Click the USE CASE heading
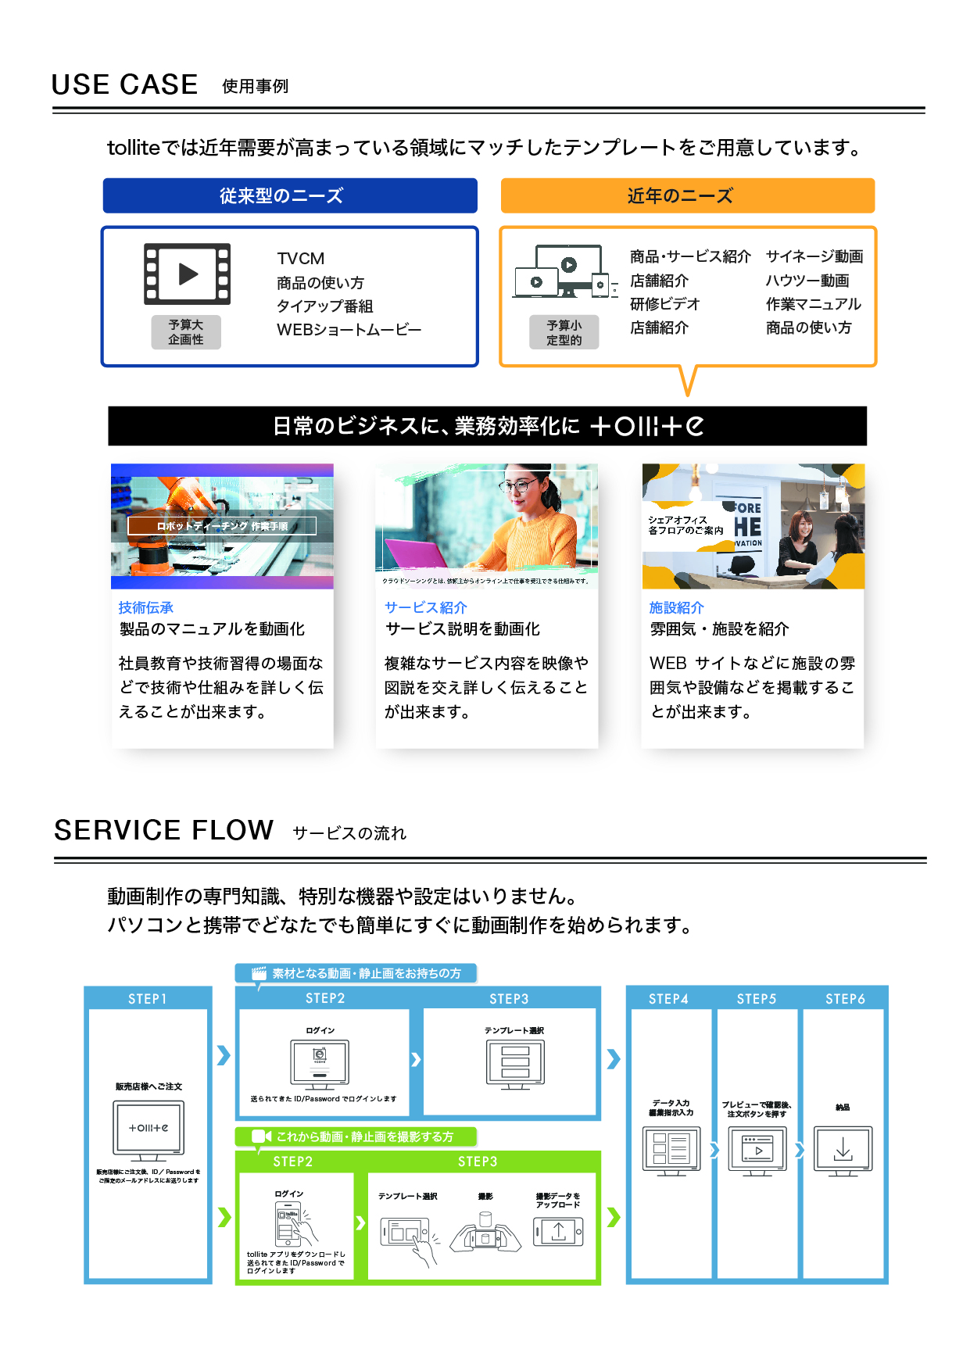click(x=124, y=84)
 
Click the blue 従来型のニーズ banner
click(x=289, y=195)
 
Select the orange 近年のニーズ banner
click(x=687, y=195)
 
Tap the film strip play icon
click(x=188, y=274)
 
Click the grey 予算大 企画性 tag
click(x=186, y=332)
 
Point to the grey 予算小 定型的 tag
click(x=564, y=332)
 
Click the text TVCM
click(x=300, y=259)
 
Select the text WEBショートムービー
click(x=349, y=330)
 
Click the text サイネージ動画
click(x=814, y=256)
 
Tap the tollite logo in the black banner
click(x=646, y=426)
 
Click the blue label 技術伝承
click(x=145, y=607)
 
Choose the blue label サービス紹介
click(x=425, y=607)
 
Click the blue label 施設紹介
click(x=676, y=607)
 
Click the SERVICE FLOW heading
click(x=163, y=830)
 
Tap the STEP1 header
click(x=148, y=999)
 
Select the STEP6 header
click(x=845, y=999)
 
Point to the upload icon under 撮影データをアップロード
click(x=558, y=1233)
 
